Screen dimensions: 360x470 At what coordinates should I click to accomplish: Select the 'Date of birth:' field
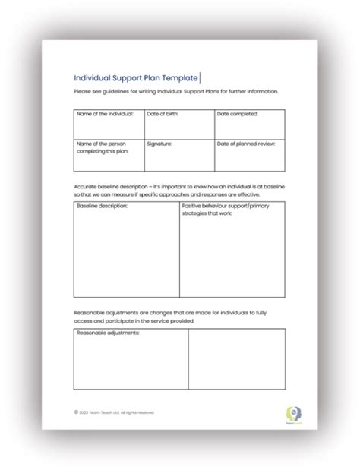pos(179,124)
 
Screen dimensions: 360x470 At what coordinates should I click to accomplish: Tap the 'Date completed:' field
pos(250,124)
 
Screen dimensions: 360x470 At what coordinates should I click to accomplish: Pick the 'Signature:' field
pos(179,155)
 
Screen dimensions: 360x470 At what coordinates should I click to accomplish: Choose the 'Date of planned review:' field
pos(250,155)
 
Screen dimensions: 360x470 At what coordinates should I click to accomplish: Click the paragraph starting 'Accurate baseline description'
pos(178,189)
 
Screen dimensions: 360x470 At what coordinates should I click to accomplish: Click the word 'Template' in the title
pos(178,77)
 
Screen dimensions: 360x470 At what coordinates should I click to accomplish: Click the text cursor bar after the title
pos(200,77)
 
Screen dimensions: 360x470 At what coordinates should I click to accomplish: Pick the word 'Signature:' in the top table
pos(159,143)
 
